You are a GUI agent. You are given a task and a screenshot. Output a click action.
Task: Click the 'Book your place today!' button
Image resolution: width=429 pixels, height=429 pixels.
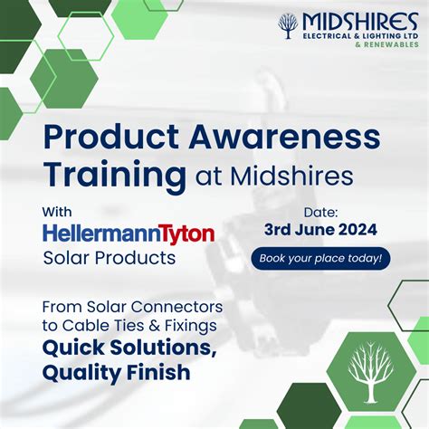[320, 259]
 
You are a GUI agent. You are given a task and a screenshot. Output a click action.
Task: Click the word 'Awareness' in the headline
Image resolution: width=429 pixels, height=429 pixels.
[284, 137]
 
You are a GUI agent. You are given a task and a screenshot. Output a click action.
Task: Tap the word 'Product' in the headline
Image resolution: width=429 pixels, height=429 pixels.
[111, 137]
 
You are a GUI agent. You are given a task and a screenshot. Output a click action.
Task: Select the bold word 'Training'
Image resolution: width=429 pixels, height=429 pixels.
[115, 176]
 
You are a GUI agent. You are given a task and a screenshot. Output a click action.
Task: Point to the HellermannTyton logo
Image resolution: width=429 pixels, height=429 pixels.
[129, 234]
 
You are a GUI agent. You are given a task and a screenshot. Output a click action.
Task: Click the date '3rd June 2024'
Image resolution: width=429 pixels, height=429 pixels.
[320, 230]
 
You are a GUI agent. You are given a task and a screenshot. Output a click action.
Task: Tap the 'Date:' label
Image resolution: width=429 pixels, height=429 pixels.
[320, 213]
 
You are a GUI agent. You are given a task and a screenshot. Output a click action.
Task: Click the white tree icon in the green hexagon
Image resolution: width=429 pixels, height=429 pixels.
[370, 372]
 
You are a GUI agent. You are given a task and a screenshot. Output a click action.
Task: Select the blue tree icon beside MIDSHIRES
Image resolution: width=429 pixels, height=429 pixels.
[288, 26]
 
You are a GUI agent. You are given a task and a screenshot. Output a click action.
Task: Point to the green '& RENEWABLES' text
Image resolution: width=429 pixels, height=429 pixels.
[387, 44]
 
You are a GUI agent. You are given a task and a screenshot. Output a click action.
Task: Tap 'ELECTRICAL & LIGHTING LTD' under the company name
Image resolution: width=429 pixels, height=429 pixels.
[360, 36]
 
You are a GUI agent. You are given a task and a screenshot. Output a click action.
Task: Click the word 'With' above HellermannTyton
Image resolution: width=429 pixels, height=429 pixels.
[57, 212]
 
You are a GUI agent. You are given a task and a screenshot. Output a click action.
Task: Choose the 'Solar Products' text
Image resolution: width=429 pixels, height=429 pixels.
[110, 258]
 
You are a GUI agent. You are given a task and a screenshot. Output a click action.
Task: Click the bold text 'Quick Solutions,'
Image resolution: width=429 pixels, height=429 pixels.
[129, 348]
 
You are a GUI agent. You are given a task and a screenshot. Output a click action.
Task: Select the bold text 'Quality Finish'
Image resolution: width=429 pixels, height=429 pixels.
[117, 373]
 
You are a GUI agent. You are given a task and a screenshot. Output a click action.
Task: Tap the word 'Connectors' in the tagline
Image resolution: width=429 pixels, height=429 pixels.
[176, 307]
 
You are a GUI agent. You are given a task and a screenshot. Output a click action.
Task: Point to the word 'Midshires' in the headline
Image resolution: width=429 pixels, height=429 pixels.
[291, 176]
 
